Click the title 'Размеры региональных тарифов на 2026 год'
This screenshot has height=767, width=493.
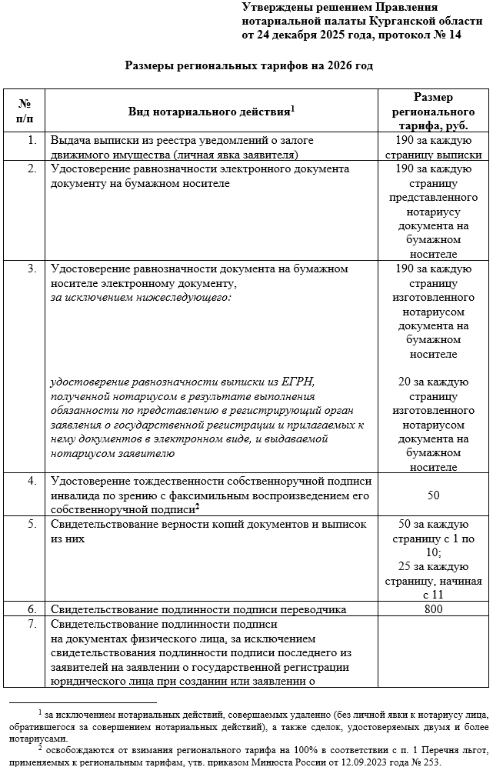248,66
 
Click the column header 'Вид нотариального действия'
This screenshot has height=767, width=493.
212,112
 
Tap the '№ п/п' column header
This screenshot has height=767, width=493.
25,111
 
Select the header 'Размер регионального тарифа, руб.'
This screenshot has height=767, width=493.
433,112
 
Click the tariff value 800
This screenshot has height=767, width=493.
433,609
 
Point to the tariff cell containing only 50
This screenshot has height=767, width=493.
433,495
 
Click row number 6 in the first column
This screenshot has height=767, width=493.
32,609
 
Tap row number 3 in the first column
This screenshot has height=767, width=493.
32,268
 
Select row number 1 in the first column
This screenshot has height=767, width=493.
32,141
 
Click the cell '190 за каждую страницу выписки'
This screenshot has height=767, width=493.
433,147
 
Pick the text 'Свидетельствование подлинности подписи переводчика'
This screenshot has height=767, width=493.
198,609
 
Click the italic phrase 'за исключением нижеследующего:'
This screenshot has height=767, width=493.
141,296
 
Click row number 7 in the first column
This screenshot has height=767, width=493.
32,623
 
